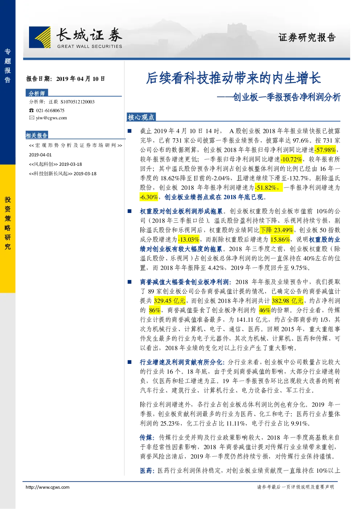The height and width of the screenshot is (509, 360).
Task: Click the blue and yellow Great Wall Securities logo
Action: (x=40, y=37)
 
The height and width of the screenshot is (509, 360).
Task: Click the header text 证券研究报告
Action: (x=307, y=37)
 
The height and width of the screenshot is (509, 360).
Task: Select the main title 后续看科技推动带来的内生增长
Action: (x=233, y=78)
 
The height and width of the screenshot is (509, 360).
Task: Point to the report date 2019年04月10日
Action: (x=81, y=79)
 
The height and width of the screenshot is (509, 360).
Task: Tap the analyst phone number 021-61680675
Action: (x=50, y=110)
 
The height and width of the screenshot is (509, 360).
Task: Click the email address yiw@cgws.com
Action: (x=52, y=118)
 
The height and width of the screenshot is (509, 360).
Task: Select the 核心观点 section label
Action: (x=141, y=117)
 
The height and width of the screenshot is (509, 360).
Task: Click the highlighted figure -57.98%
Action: (x=325, y=150)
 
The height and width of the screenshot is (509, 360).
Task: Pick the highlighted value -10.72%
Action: (x=291, y=159)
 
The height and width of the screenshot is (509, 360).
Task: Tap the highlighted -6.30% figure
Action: (x=149, y=197)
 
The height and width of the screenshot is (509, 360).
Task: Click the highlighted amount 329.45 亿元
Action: (x=169, y=301)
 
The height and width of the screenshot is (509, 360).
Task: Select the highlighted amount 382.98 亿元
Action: (x=287, y=301)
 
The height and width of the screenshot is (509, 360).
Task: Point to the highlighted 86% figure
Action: (x=155, y=310)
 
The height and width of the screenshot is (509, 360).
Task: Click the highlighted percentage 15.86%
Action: (x=280, y=239)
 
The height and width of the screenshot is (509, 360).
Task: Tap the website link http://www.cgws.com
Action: (x=48, y=487)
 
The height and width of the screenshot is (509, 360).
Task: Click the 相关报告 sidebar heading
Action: (x=37, y=135)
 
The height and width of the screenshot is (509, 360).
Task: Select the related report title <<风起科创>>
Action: (x=43, y=164)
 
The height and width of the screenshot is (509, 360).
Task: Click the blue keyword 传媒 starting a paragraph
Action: (x=146, y=438)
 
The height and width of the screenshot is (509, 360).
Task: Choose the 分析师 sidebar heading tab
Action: (x=37, y=93)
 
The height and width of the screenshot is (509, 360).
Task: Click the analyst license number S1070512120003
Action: (x=78, y=102)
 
